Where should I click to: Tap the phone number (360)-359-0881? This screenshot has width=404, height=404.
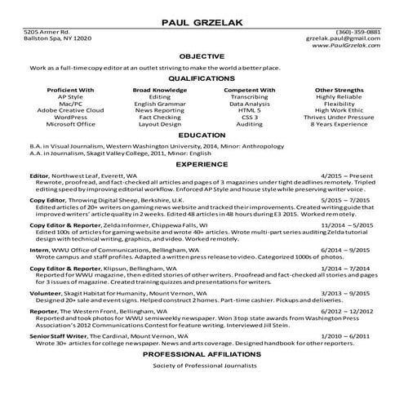click(x=358, y=32)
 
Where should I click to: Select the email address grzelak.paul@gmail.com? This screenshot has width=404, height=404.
click(x=344, y=38)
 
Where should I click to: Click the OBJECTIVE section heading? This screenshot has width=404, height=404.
click(x=202, y=55)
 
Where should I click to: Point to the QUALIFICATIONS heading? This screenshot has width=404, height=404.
click(x=202, y=79)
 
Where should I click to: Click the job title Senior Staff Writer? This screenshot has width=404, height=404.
click(x=53, y=335)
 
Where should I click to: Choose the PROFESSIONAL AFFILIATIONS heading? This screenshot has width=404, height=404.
click(x=202, y=356)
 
